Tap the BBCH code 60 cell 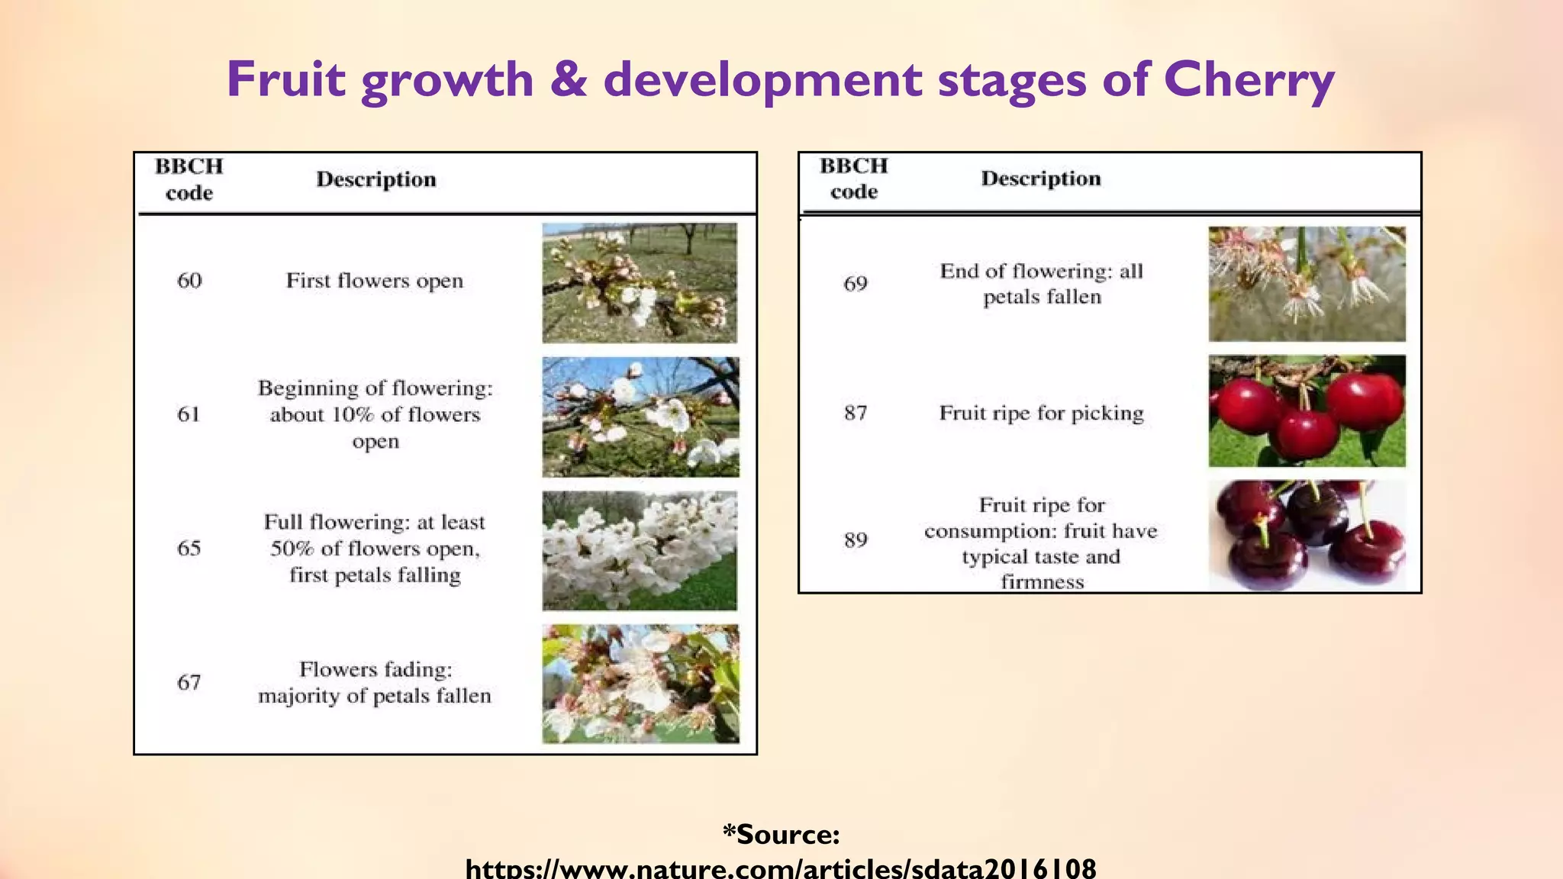coord(189,281)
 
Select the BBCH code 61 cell coord(189,414)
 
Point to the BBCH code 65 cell coord(189,548)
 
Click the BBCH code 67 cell coord(189,682)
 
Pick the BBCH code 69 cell coord(855,284)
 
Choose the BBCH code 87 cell coord(855,413)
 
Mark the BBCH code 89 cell coord(855,540)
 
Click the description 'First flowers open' coord(375,281)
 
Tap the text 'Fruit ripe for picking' coord(1041,413)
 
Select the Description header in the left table coord(376,179)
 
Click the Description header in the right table coord(1041,179)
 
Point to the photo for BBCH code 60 coord(640,283)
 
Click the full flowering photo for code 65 coord(640,550)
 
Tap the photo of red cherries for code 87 coord(1307,411)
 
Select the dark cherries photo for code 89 coord(1307,536)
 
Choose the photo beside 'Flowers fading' coord(640,684)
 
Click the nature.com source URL coord(781,868)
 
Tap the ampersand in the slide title coord(569,79)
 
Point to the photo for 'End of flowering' coord(1307,284)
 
